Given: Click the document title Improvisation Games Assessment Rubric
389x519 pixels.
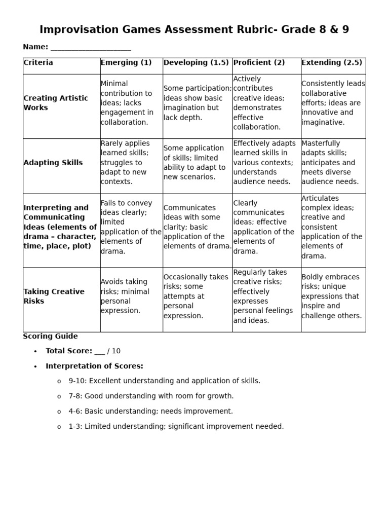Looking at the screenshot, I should [x=194, y=29].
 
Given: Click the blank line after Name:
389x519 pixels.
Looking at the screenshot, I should [x=91, y=47].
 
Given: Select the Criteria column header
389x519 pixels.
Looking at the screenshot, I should [x=38, y=63].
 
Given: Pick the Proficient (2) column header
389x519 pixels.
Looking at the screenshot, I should [x=259, y=63].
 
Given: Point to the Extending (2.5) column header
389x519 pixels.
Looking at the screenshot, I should [x=332, y=63].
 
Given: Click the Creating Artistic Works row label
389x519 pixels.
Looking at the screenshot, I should [x=56, y=103].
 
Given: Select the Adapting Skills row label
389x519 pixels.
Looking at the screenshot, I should [x=53, y=163].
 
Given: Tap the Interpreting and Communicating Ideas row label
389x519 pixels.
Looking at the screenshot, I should [x=60, y=227].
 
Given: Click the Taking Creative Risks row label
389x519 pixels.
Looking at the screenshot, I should [x=54, y=296].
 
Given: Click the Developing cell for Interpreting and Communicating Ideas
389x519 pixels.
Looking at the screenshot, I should [x=197, y=227].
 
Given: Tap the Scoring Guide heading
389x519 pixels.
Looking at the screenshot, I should [x=50, y=336].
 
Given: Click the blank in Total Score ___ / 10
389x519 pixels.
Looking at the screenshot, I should [x=99, y=351].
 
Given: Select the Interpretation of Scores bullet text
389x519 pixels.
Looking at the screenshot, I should [x=94, y=366].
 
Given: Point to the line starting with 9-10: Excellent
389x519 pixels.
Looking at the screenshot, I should [x=164, y=381].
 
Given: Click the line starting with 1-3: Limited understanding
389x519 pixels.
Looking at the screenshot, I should [x=176, y=427].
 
